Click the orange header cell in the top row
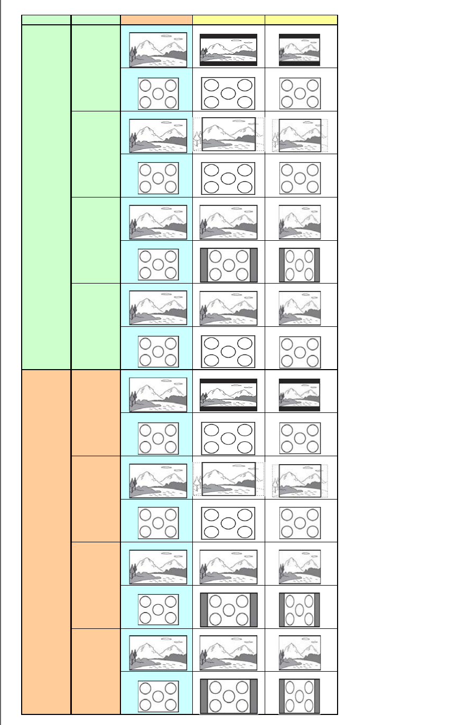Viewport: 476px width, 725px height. (x=156, y=20)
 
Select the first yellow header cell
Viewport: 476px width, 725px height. (x=228, y=20)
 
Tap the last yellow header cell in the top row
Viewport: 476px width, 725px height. (x=301, y=20)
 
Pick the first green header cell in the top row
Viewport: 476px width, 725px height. (x=46, y=20)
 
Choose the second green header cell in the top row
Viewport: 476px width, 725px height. (x=96, y=20)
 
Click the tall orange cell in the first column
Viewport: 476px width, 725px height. (x=46, y=542)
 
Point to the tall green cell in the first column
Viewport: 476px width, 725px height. (x=46, y=197)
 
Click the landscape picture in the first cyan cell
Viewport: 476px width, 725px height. (x=158, y=50)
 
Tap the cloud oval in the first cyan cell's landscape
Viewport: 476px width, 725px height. (x=167, y=36)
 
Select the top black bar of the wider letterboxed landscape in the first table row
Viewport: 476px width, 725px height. (x=228, y=36)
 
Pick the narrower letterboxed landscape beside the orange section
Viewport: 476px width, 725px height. (x=300, y=394)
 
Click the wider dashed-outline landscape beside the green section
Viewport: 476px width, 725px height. (x=228, y=135)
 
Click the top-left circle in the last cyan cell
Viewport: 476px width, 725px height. (x=145, y=688)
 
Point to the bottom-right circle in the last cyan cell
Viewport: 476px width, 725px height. (x=170, y=704)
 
